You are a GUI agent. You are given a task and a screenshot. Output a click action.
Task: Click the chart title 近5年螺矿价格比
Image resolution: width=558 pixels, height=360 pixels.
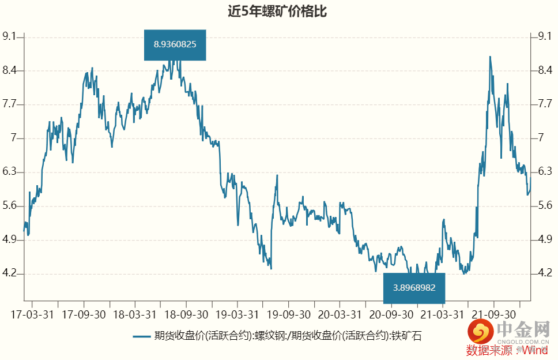[x=278, y=12]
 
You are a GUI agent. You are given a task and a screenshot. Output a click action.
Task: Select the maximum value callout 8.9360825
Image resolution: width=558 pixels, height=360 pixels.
[x=175, y=44]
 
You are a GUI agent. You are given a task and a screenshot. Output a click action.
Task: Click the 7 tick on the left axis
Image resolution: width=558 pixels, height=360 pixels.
[x=16, y=138]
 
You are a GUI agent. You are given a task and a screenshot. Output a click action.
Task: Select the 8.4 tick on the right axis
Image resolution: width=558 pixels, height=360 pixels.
[x=545, y=71]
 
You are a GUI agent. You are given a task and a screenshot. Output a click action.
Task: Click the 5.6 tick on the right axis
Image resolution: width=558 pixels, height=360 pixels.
[x=545, y=206]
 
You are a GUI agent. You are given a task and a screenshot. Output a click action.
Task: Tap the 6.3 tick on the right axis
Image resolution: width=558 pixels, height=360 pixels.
[x=545, y=172]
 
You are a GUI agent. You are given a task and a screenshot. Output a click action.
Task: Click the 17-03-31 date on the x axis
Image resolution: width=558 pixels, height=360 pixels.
[x=32, y=315]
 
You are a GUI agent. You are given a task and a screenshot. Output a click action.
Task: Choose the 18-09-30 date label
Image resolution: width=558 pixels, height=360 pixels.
[x=186, y=315]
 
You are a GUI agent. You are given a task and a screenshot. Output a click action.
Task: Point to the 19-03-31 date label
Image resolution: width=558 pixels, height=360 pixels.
[x=237, y=315]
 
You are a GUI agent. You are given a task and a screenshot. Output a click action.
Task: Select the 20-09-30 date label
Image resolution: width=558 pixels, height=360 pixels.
[x=391, y=315]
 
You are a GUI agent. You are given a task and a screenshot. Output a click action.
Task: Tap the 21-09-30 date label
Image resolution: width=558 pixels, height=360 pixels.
[x=493, y=315]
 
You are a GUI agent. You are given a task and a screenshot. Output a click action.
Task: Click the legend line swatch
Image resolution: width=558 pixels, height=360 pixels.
[x=141, y=336]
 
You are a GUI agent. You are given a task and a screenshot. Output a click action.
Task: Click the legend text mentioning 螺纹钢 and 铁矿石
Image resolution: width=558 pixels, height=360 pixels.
[x=287, y=336]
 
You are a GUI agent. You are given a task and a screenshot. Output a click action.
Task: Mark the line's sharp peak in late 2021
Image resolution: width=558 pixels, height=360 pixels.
[x=490, y=57]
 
